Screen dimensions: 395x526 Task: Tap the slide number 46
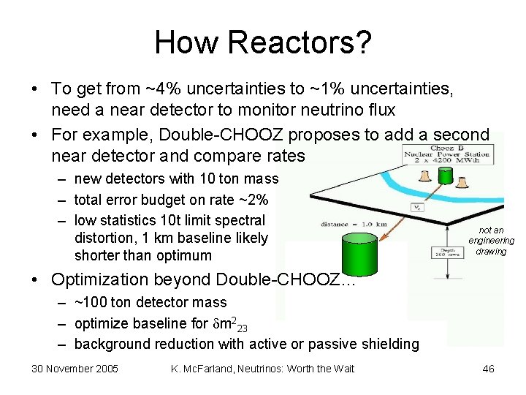[x=488, y=369]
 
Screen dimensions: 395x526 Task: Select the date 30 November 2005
[x=75, y=369]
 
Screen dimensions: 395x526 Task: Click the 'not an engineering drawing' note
[x=491, y=241]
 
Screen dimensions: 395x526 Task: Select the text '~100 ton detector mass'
[x=150, y=303]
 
